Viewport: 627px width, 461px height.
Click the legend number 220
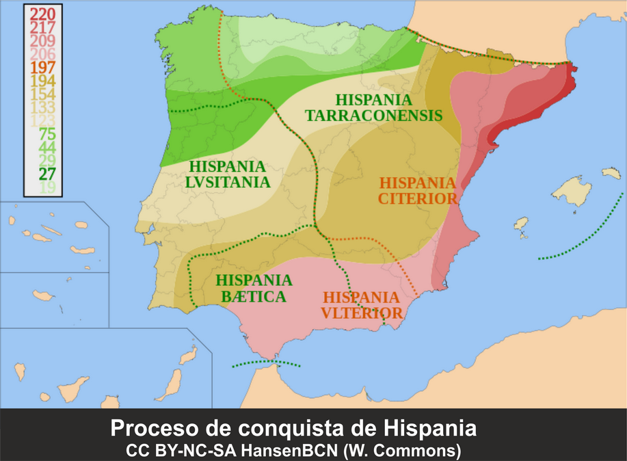[42, 14]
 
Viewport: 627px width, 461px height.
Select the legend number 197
[42, 67]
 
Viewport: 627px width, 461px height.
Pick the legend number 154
[42, 94]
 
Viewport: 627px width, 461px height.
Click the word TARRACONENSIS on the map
[373, 116]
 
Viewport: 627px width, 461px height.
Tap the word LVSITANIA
[228, 182]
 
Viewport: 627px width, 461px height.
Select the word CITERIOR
[418, 199]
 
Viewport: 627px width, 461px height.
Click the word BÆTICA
[254, 297]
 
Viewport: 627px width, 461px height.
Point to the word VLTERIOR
[362, 313]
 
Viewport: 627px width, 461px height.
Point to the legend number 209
[42, 40]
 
